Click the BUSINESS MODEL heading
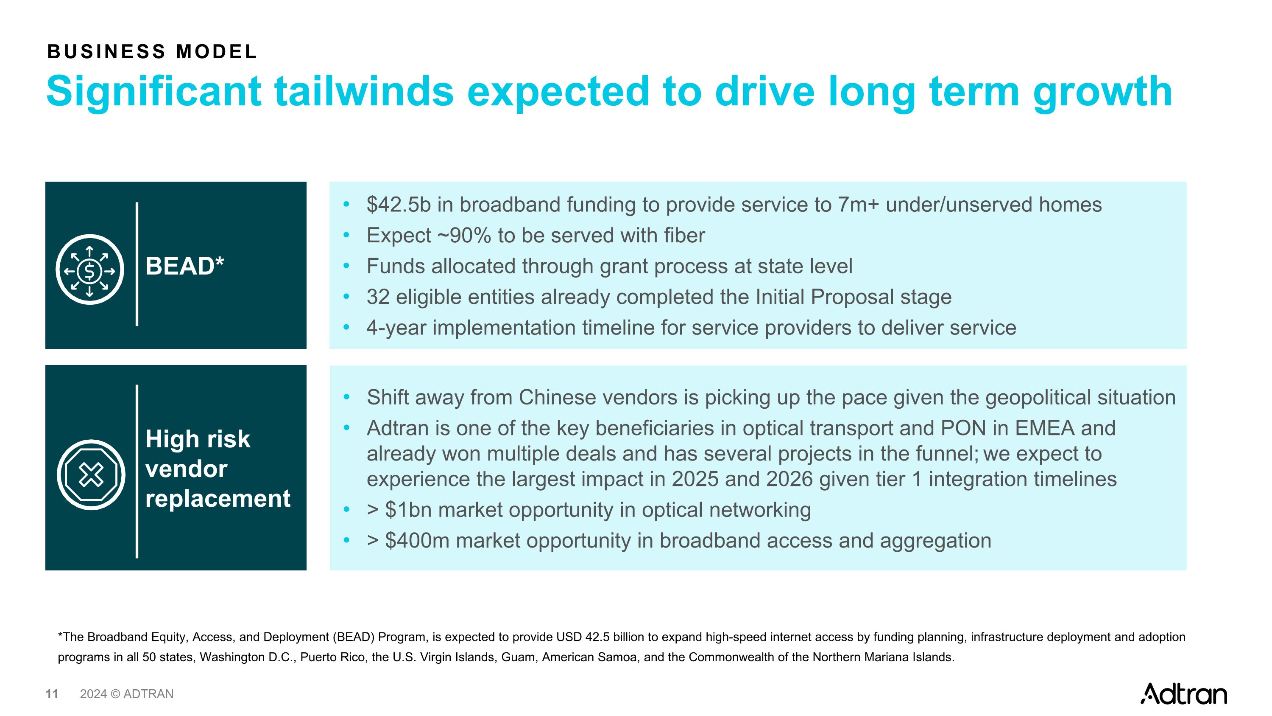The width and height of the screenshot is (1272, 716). (x=152, y=52)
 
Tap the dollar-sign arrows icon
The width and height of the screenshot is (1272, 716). (x=89, y=270)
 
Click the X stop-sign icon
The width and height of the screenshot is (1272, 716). (x=91, y=475)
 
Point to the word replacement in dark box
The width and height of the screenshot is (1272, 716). (x=218, y=498)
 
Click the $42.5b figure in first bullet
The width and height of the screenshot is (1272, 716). (x=398, y=205)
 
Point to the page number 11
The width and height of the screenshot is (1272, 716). (x=52, y=694)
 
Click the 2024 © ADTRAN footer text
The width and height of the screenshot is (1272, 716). (x=126, y=694)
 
